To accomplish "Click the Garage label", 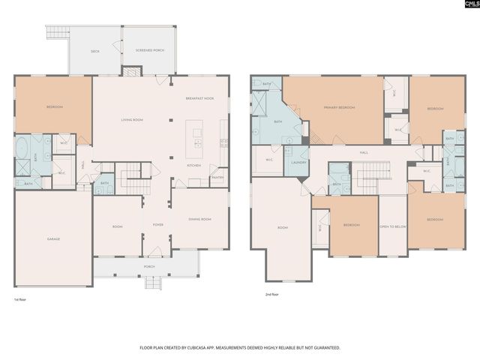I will click(x=54, y=239).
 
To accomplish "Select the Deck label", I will click(x=95, y=52).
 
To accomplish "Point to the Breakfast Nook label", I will click(x=199, y=99).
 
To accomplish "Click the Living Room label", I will click(x=133, y=120).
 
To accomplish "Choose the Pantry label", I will click(x=217, y=178).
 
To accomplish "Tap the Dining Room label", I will click(x=199, y=219).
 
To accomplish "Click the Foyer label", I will click(x=158, y=224).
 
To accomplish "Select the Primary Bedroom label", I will click(x=339, y=108).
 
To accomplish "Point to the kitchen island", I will click(x=198, y=137).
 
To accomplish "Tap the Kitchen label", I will click(x=193, y=165).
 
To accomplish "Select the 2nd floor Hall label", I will click(x=364, y=152).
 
